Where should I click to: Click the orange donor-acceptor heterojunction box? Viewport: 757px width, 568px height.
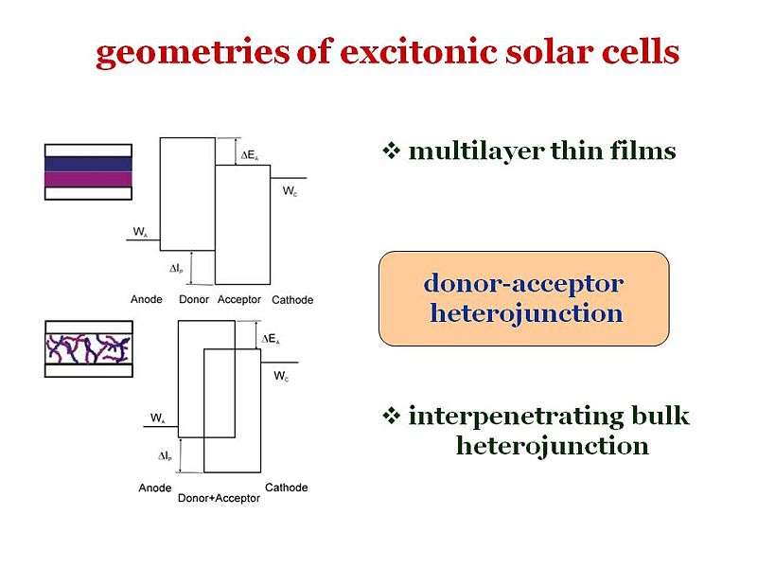(523, 298)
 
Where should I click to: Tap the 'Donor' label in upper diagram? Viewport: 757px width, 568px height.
(194, 300)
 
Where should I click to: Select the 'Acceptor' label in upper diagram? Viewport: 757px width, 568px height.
(238, 300)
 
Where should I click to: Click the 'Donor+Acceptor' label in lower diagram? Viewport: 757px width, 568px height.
(219, 498)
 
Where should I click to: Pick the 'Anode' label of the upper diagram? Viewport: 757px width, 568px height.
(147, 300)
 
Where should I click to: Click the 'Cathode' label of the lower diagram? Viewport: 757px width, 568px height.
(286, 488)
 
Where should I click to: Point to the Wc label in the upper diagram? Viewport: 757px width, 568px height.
(289, 190)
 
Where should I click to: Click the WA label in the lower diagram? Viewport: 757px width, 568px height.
(158, 417)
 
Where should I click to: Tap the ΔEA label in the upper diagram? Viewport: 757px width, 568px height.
(249, 155)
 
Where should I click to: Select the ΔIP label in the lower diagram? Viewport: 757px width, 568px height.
(165, 456)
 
